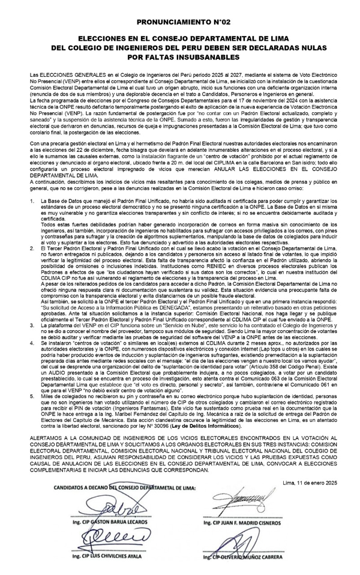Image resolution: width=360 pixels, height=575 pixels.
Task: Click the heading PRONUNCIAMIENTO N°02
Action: pyautogui.click(x=179, y=22)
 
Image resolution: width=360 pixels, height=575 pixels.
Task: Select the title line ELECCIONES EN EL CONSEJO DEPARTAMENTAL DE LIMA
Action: pyautogui.click(x=179, y=38)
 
